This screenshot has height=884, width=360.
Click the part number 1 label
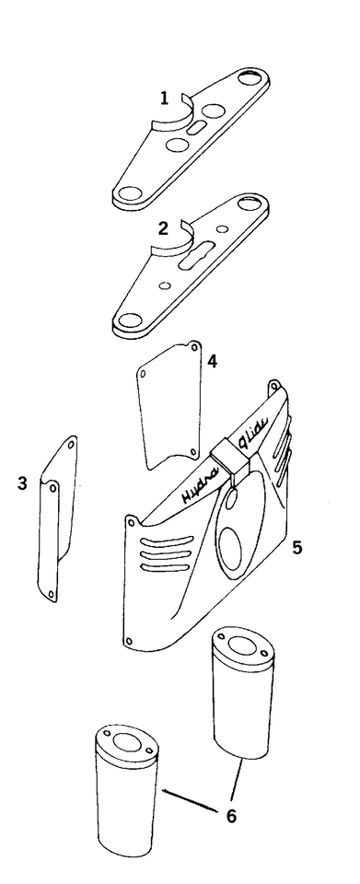[164, 97]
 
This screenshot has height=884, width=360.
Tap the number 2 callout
[162, 228]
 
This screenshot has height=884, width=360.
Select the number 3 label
[23, 483]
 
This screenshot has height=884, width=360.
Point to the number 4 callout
[212, 361]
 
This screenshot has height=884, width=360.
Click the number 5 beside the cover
[297, 548]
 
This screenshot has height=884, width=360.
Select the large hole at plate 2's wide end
[129, 320]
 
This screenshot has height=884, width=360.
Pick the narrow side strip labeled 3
[55, 520]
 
